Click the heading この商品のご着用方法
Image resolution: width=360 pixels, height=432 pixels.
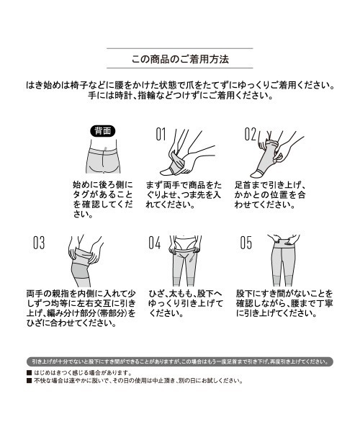click(x=179, y=58)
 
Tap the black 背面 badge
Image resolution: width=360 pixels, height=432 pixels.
click(x=102, y=131)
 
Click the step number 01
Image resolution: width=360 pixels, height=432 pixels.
click(x=160, y=134)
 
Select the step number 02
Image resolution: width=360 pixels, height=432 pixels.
click(x=250, y=134)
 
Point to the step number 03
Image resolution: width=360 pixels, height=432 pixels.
click(x=39, y=243)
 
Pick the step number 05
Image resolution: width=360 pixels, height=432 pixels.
click(x=246, y=243)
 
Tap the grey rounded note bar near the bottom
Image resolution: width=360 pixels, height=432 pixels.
click(x=179, y=361)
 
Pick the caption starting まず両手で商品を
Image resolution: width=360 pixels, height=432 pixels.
click(x=189, y=194)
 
